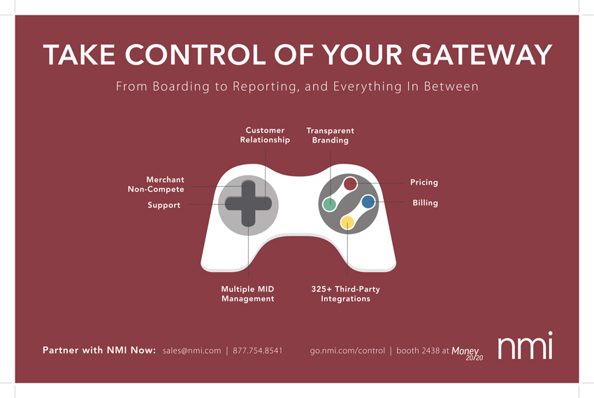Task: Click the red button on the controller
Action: [x=351, y=183]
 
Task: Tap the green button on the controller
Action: [x=329, y=205]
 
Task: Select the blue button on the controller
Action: [x=368, y=202]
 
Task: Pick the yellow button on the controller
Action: [x=347, y=222]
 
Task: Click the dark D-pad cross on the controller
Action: [x=248, y=203]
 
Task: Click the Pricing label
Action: [x=424, y=183]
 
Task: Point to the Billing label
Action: [x=425, y=203]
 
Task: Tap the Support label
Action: [x=164, y=206]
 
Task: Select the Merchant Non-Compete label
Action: [x=157, y=185]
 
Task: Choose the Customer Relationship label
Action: [x=265, y=135]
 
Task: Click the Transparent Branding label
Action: [x=331, y=135]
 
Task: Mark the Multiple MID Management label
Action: [x=248, y=294]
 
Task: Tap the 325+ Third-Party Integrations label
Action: [x=346, y=294]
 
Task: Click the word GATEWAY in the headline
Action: [x=481, y=55]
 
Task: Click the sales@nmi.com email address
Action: [x=191, y=350]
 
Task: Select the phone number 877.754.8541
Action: [x=258, y=350]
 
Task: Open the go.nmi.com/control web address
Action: [x=347, y=350]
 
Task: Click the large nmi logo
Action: [x=525, y=346]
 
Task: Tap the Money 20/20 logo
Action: [x=468, y=352]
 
